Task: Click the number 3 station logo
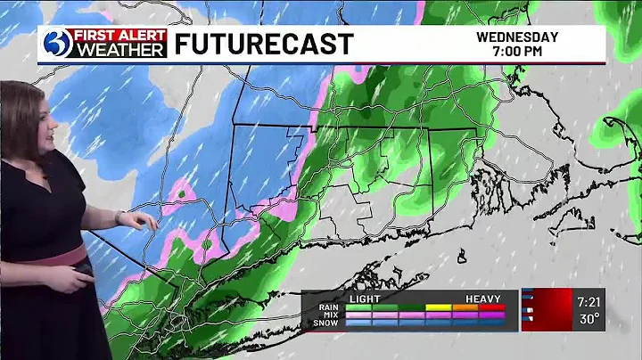[x=55, y=44]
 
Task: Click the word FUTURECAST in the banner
[x=263, y=45]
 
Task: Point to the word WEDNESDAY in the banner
[x=517, y=37]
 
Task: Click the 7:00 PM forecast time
[x=517, y=52]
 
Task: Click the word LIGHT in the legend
[x=365, y=299]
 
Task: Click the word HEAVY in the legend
[x=482, y=299]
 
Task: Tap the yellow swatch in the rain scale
[x=439, y=307]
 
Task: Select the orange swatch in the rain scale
[x=465, y=307]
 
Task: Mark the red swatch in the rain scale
[x=492, y=307]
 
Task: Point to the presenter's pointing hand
[x=142, y=219]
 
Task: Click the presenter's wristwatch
[x=118, y=217]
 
